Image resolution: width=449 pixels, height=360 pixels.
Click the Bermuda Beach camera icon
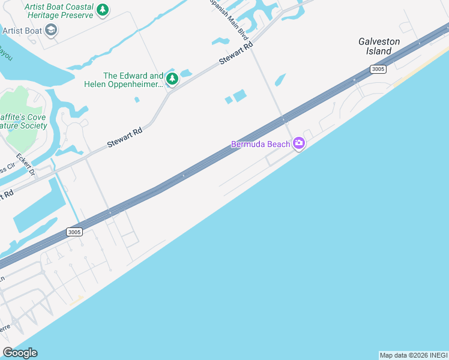299,143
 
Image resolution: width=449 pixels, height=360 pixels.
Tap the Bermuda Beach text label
260,145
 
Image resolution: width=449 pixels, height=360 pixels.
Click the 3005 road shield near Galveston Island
378,69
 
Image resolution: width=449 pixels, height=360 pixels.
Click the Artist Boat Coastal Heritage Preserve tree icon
103,10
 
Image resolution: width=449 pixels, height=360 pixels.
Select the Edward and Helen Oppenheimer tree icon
172,79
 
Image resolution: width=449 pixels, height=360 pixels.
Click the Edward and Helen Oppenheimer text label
133,80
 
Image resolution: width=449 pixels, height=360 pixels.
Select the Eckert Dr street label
26,166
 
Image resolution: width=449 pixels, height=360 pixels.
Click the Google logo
20,353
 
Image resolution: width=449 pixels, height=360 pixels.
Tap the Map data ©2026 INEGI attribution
414,355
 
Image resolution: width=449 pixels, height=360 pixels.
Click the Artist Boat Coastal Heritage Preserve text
59,10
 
